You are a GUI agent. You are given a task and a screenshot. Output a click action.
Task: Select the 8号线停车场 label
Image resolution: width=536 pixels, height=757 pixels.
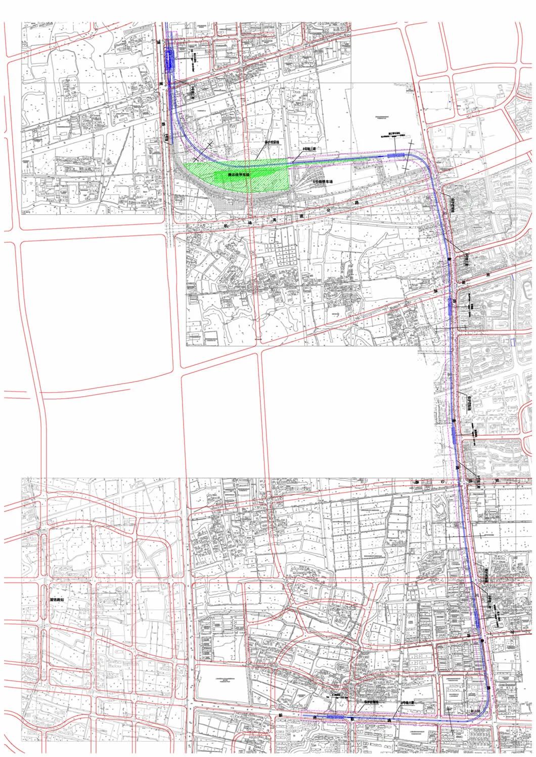(x=324, y=180)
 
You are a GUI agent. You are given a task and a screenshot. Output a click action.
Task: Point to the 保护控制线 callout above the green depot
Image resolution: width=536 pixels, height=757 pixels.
(x=272, y=143)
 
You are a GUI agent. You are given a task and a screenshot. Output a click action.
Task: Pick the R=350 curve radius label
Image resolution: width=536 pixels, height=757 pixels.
(x=475, y=711)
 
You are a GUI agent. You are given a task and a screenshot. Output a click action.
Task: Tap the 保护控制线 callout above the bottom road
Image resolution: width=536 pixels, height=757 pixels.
(x=371, y=702)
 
